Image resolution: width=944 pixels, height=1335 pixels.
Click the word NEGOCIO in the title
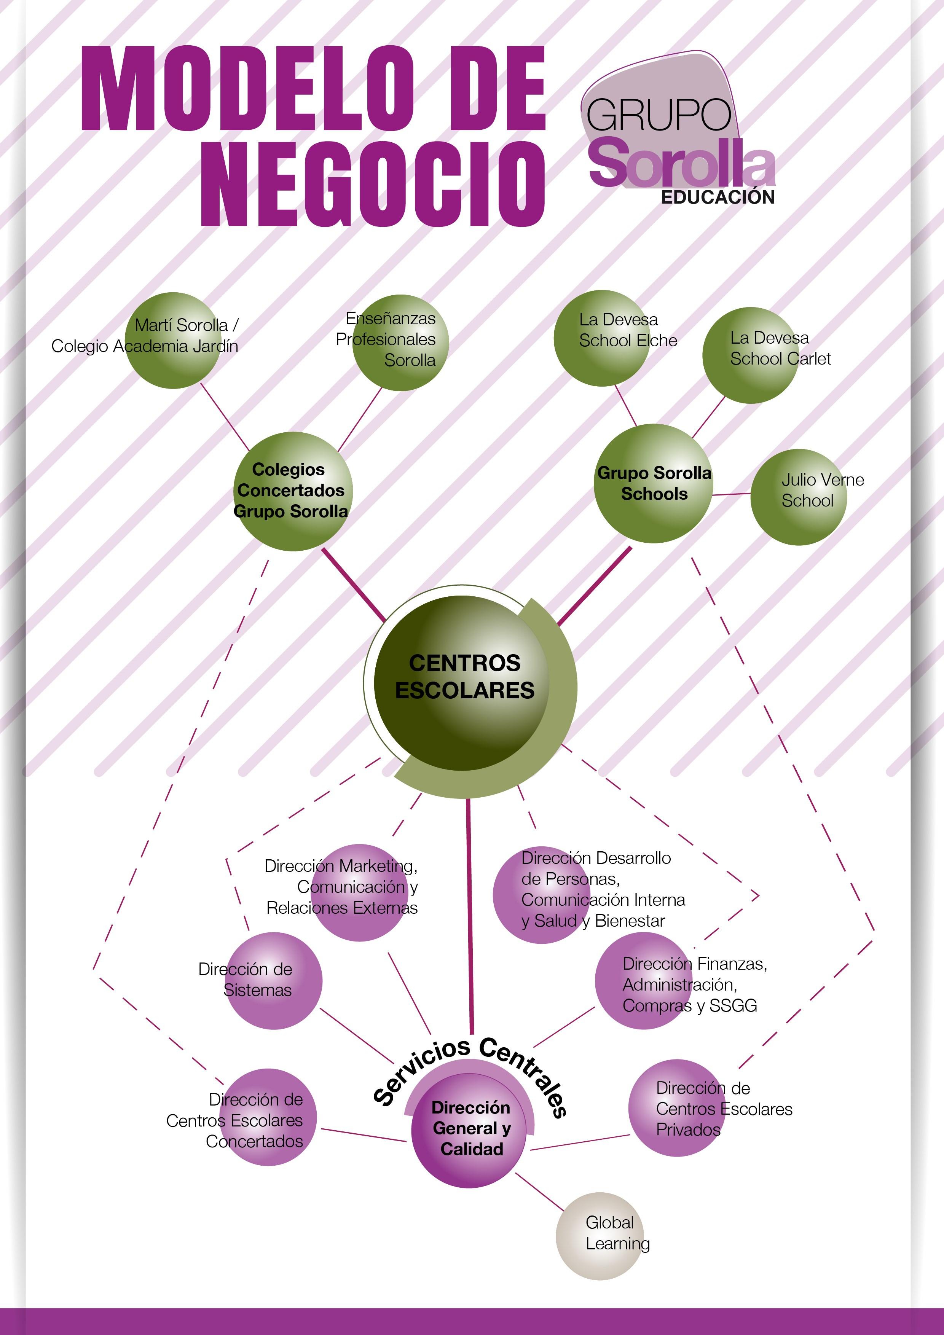(372, 185)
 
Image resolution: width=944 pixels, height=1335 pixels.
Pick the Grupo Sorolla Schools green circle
(653, 484)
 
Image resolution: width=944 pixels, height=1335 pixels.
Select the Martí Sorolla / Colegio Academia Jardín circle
(173, 341)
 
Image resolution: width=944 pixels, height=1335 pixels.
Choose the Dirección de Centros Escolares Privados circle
(676, 1108)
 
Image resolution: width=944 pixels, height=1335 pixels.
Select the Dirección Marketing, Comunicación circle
(359, 892)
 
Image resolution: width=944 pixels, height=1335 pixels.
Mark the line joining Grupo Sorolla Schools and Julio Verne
(731, 495)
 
